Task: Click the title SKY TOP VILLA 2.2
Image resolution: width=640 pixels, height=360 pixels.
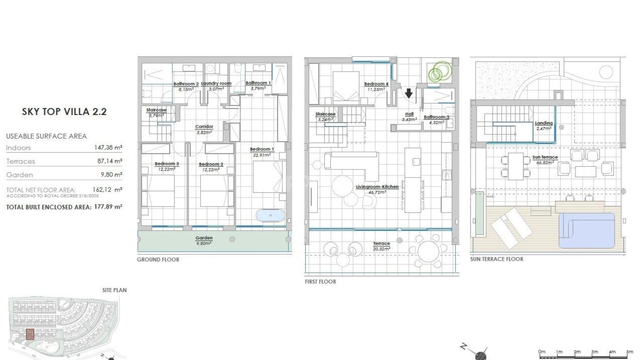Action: click(64, 112)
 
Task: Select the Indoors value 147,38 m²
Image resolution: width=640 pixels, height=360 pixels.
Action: click(108, 147)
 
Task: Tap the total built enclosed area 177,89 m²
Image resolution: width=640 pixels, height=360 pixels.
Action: click(108, 207)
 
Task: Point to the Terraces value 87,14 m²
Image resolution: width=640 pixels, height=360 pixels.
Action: click(109, 161)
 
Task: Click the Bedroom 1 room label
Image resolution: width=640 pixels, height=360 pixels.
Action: click(262, 149)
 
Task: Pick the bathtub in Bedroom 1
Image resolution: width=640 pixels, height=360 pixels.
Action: click(270, 215)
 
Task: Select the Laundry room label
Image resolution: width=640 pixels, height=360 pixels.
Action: click(216, 84)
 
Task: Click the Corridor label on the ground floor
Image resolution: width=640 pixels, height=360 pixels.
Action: click(204, 127)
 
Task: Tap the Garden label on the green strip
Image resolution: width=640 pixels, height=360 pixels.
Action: click(204, 238)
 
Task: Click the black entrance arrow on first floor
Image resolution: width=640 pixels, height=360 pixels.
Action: click(409, 92)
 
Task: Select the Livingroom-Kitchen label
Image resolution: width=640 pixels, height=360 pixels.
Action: click(377, 187)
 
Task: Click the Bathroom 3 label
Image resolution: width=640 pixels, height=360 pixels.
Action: click(436, 117)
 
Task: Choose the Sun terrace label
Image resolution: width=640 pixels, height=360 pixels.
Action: click(545, 157)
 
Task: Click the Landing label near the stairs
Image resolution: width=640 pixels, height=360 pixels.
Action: click(544, 123)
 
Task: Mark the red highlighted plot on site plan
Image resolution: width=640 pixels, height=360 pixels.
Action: click(30, 334)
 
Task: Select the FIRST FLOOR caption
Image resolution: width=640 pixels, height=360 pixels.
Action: click(320, 282)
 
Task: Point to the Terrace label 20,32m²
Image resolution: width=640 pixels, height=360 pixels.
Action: click(382, 244)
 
